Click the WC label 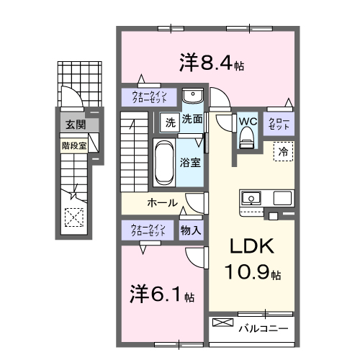point(248,122)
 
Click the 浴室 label point(191,163)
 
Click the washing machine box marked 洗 point(170,121)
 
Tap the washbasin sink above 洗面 point(192,97)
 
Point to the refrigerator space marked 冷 point(284,152)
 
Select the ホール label point(163,203)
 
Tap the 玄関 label point(74,125)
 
